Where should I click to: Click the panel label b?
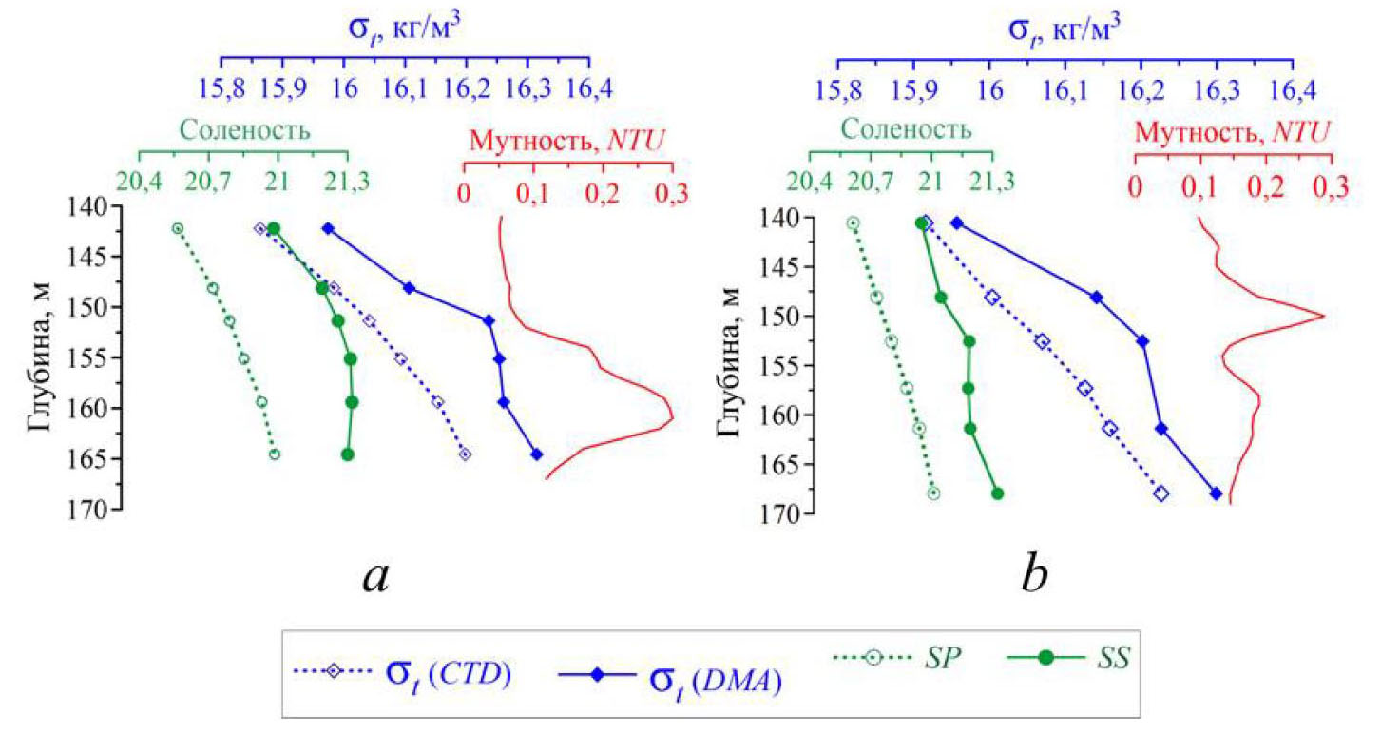[x=1036, y=574]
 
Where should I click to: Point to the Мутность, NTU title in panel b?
[x=1232, y=129]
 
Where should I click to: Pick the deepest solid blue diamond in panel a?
[x=536, y=454]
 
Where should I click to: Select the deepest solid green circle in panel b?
[x=997, y=493]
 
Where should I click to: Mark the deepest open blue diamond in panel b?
[x=1160, y=493]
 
